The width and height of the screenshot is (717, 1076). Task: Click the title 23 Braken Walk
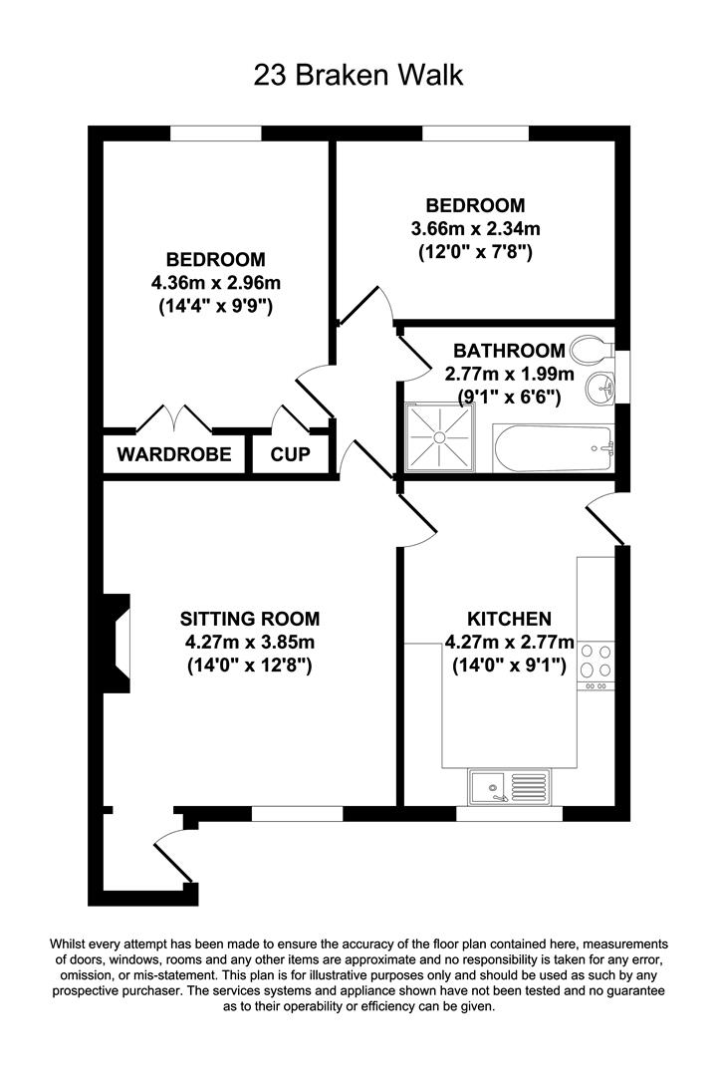(x=358, y=76)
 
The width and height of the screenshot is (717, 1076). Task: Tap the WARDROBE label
(x=174, y=455)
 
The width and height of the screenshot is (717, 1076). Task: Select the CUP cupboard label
(x=291, y=455)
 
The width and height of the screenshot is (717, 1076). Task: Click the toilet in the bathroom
(x=590, y=350)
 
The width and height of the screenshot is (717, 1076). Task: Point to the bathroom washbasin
(x=600, y=388)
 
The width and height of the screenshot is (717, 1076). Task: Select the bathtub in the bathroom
(x=552, y=447)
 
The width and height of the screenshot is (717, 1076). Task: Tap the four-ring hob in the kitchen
(x=597, y=659)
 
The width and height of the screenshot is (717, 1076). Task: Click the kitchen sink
(x=509, y=788)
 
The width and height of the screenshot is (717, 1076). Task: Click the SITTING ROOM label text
(x=250, y=619)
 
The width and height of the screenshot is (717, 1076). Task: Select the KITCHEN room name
(x=509, y=619)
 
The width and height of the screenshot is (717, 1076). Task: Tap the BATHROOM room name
(x=509, y=352)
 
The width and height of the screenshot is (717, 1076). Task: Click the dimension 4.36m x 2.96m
(x=216, y=283)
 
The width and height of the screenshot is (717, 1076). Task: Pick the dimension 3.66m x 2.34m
(x=475, y=229)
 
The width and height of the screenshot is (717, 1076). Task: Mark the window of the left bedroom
(x=215, y=134)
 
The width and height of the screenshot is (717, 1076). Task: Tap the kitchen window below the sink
(x=509, y=813)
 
